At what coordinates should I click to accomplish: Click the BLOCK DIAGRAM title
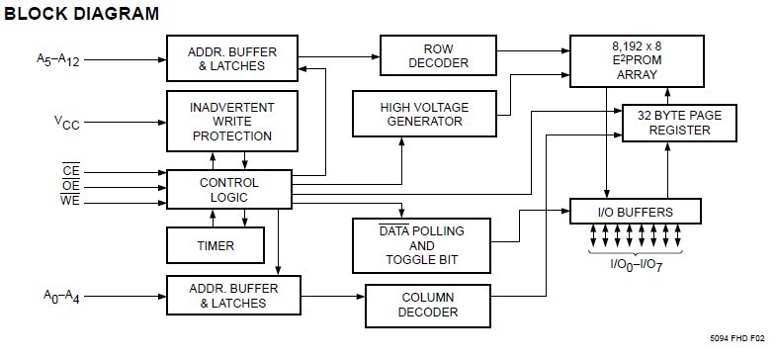(x=82, y=13)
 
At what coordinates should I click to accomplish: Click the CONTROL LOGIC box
(x=229, y=190)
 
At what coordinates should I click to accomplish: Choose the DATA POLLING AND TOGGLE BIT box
(x=422, y=245)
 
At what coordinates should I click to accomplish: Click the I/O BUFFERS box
(x=635, y=212)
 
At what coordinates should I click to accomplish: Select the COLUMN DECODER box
(x=428, y=304)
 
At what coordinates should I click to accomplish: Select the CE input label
(x=70, y=171)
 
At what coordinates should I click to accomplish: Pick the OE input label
(x=70, y=185)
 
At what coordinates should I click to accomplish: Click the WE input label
(x=70, y=200)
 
